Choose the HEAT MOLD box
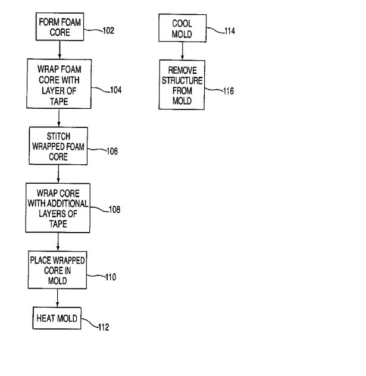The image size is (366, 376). click(x=55, y=318)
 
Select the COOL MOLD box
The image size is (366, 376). click(x=182, y=28)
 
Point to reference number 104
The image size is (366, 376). click(x=115, y=90)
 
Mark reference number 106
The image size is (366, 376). click(x=111, y=151)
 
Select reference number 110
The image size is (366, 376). click(x=110, y=277)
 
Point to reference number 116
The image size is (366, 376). click(x=227, y=91)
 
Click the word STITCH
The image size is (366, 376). click(x=58, y=136)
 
